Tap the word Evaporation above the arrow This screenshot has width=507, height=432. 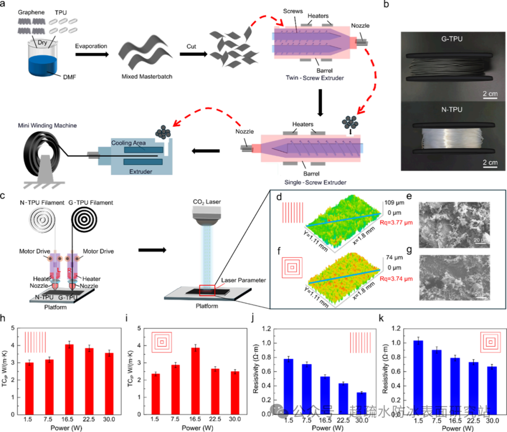[91, 46]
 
